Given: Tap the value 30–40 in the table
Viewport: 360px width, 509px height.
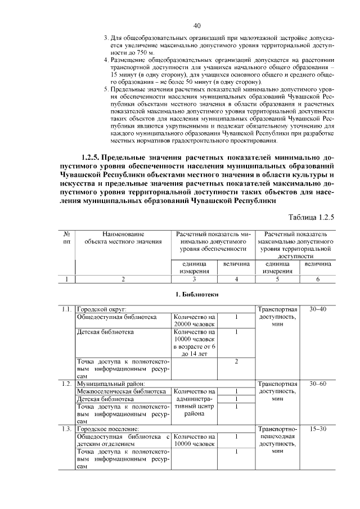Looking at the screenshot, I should (x=317, y=309).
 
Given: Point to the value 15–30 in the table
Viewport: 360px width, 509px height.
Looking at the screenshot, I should (x=317, y=429).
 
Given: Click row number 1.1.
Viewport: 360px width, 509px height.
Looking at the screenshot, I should (x=67, y=309).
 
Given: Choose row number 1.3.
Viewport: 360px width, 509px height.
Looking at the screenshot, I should (x=67, y=429).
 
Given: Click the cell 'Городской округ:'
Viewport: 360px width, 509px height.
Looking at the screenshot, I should (x=101, y=309).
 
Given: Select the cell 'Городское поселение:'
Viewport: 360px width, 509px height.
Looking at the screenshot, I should (x=107, y=429).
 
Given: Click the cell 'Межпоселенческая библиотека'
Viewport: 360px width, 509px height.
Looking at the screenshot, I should (x=121, y=391).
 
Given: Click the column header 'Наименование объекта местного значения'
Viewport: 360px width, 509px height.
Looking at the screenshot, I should (x=123, y=237).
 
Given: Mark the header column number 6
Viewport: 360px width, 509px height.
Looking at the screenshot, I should (x=317, y=279).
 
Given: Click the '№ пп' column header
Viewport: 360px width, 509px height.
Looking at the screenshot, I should (x=67, y=237).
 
